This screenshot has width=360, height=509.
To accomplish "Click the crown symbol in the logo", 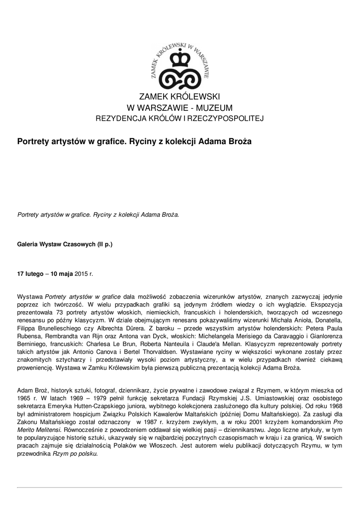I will pyautogui.click(x=180, y=59).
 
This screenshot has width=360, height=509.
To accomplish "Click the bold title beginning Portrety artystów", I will pyautogui.click(x=134, y=142).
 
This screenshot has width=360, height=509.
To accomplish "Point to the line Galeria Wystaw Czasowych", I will pyautogui.click(x=65, y=245).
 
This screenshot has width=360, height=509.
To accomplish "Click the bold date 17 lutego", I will pyautogui.click(x=30, y=273).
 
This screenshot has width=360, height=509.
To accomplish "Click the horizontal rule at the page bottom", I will pyautogui.click(x=180, y=488).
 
